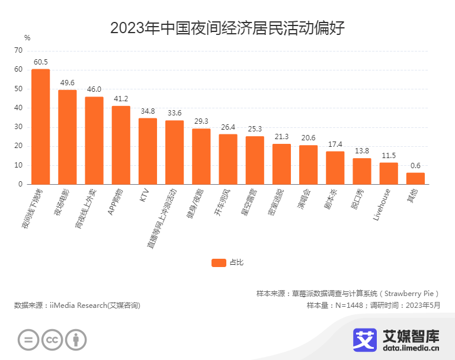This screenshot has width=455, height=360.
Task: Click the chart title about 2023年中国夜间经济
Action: (x=227, y=28)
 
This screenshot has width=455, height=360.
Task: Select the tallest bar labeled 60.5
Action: (x=40, y=127)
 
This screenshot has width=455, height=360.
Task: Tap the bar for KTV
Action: (x=148, y=151)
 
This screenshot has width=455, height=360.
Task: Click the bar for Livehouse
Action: (x=389, y=173)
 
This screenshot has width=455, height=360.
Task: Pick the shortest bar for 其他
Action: (x=415, y=178)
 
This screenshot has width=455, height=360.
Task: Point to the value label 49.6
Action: (x=67, y=82)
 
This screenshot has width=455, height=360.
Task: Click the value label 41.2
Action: (x=121, y=98)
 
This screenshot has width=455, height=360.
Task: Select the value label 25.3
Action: (x=255, y=128)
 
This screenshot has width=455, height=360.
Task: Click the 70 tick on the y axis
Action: (x=18, y=51)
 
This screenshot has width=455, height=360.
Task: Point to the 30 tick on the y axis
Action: (x=18, y=127)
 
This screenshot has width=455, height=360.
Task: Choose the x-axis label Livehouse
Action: (x=382, y=205)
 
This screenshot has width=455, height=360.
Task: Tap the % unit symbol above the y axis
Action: (x=27, y=37)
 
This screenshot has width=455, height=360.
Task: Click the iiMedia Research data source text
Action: (x=77, y=306)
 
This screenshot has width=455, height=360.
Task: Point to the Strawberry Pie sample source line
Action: (x=349, y=293)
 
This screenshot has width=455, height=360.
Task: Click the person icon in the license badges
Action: (x=75, y=339)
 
